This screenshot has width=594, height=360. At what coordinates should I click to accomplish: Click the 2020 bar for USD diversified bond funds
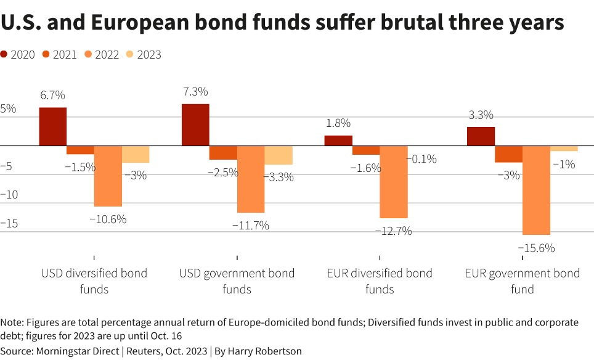(x=52, y=126)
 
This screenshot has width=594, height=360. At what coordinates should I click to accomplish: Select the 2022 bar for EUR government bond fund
(x=537, y=190)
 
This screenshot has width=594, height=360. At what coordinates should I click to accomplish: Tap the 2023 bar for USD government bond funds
(x=279, y=155)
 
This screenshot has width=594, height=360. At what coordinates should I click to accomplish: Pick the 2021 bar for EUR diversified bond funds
(x=366, y=150)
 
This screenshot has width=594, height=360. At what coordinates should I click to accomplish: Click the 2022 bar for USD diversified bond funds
(x=108, y=176)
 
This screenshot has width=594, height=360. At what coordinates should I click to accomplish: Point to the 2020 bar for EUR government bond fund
(x=481, y=136)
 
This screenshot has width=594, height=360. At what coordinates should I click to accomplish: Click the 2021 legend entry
(x=60, y=55)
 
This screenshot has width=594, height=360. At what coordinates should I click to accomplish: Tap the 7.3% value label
(x=195, y=92)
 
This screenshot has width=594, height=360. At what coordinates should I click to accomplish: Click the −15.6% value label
(x=536, y=248)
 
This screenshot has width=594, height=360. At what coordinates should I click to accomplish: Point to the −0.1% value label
(x=421, y=159)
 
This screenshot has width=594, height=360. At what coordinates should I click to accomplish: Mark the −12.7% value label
(x=394, y=231)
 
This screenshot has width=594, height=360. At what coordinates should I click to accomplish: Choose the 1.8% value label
(x=338, y=123)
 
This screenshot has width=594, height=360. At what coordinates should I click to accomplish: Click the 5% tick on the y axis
(x=8, y=108)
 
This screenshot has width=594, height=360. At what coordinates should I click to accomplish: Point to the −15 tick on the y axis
(x=9, y=223)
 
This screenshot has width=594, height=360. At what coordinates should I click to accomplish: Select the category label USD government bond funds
(x=237, y=281)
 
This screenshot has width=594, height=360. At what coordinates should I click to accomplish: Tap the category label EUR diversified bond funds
(x=380, y=281)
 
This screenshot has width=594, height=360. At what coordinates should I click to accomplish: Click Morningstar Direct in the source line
(x=78, y=351)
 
